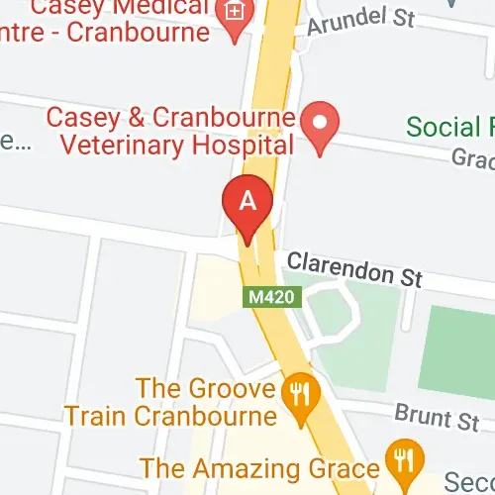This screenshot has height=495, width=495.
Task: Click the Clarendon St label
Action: click(354, 269)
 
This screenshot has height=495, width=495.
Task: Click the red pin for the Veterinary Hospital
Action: click(319, 126)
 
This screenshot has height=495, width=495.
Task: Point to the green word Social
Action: click(450, 127)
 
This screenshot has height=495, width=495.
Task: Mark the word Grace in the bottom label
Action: click(350, 467)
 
